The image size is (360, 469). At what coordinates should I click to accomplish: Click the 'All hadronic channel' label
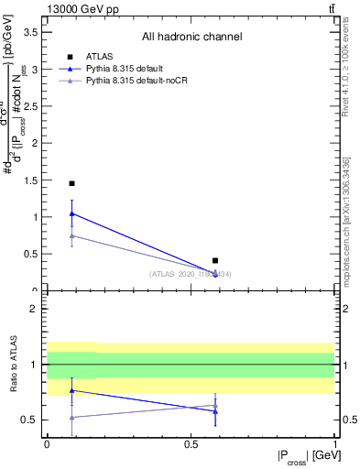point(191,38)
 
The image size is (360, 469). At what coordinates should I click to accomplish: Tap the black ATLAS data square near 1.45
point(71,183)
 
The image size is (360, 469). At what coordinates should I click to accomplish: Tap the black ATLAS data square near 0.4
point(215,261)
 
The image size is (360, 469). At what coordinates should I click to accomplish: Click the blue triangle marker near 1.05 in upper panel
point(71,213)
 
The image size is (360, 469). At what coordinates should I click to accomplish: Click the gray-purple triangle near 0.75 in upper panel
point(71,235)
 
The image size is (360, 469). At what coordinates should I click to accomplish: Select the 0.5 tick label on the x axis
point(191,444)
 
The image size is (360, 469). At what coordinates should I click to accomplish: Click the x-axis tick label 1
point(335,444)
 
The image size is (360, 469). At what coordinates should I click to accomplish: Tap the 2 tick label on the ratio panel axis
point(34,309)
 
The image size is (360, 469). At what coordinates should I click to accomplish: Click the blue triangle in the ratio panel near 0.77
point(71,390)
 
